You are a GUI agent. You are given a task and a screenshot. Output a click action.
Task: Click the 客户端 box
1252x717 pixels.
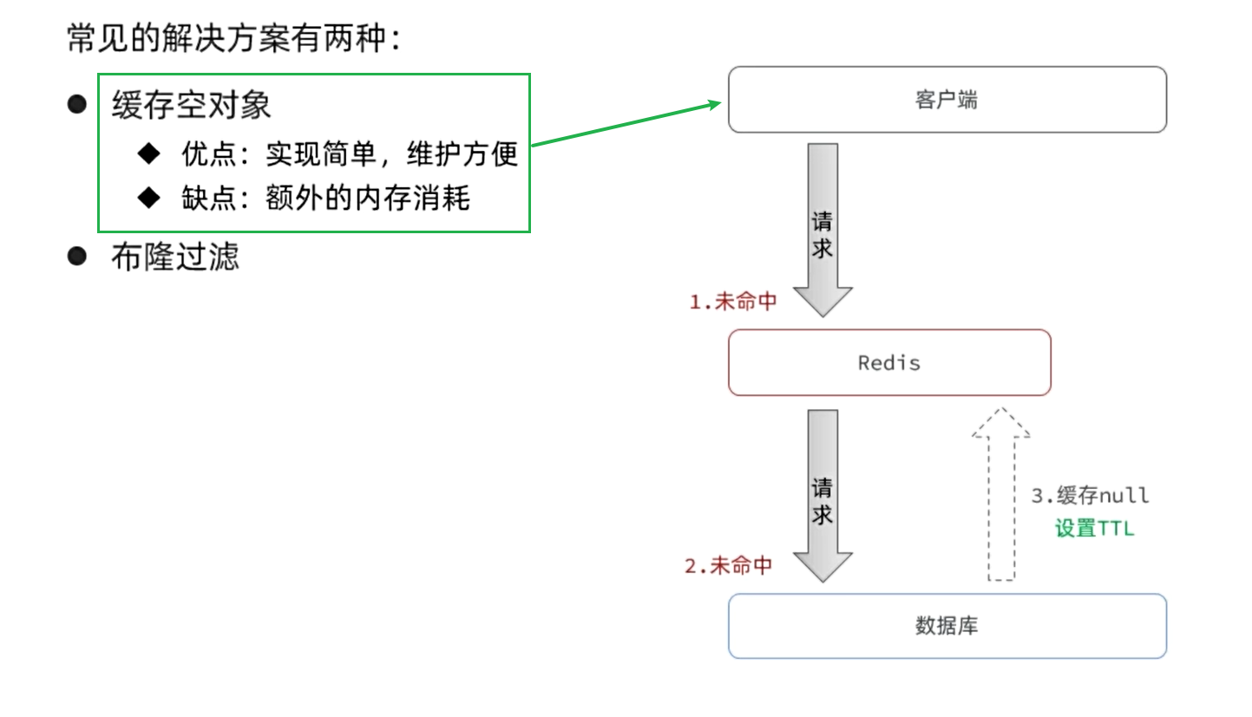tap(947, 100)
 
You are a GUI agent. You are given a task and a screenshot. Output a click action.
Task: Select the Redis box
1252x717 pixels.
tap(888, 362)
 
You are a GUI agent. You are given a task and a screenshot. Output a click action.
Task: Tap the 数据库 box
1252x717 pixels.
tap(947, 626)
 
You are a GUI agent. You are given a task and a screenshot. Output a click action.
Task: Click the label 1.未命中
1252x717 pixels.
tap(732, 302)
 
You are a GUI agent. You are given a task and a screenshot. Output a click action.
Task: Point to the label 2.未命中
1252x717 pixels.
tap(728, 566)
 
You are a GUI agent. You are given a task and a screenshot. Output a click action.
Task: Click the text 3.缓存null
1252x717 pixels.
tap(1090, 496)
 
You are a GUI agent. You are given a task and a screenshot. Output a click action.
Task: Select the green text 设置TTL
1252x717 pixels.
tap(1094, 528)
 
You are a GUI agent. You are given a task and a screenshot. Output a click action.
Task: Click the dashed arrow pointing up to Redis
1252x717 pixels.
tap(1001, 494)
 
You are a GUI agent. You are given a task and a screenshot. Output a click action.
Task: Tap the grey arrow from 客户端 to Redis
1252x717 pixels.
tap(823, 230)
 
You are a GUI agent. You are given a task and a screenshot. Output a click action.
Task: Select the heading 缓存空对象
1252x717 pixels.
tap(191, 105)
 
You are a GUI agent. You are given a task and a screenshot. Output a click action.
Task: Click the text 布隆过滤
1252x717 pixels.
tap(174, 257)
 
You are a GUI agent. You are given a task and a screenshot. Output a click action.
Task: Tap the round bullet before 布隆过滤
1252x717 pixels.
tap(77, 256)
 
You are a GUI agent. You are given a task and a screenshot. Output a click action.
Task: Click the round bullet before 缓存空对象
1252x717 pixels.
tap(77, 104)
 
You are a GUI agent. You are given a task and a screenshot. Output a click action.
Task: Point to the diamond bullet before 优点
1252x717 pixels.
tap(149, 153)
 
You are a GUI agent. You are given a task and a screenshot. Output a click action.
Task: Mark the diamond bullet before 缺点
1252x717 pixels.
tap(149, 198)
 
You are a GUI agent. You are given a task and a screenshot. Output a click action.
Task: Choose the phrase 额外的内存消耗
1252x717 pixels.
tap(368, 199)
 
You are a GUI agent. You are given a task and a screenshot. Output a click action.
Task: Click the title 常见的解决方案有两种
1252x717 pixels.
tap(234, 38)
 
